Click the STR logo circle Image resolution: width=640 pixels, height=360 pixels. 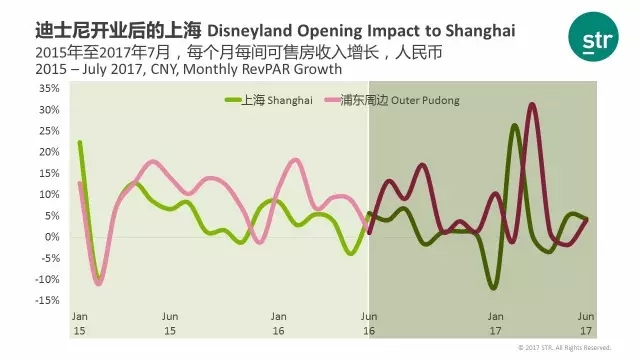[x=593, y=37]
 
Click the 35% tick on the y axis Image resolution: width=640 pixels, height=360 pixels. [x=49, y=88]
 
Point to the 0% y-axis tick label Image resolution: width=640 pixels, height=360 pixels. [x=52, y=237]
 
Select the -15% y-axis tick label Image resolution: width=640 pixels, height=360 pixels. [x=47, y=300]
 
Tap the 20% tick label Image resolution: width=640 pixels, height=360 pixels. [x=49, y=152]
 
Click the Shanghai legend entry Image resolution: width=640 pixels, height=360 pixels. [x=269, y=100]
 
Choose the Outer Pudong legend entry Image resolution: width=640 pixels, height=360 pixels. [x=392, y=100]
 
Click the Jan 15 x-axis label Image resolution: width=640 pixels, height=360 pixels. [x=80, y=323]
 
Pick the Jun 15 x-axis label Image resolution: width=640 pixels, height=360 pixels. [x=170, y=323]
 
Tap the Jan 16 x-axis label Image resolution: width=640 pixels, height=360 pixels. [x=278, y=323]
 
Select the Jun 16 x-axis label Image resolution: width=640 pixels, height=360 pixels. [x=369, y=323]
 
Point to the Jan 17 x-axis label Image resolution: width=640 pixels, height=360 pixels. [x=496, y=323]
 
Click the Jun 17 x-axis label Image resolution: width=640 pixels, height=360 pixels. [x=586, y=323]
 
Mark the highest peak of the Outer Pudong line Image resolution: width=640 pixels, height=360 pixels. [x=532, y=105]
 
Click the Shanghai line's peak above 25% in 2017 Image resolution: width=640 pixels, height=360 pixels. [x=514, y=126]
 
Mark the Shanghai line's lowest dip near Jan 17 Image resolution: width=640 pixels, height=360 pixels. [x=494, y=287]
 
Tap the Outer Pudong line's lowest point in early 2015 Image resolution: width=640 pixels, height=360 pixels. [x=99, y=283]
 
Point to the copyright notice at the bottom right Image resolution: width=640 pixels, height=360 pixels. [x=564, y=348]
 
